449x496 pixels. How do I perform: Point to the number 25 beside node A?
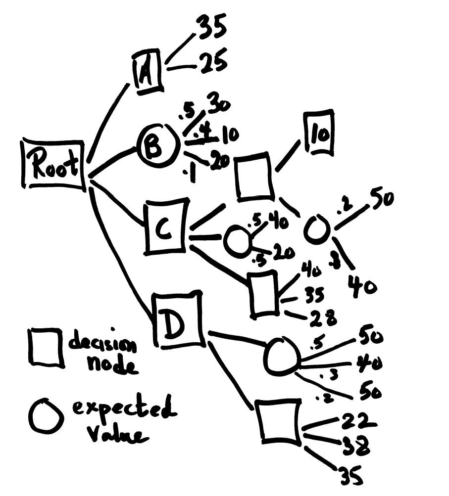[213, 63]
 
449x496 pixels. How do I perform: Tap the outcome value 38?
[356, 447]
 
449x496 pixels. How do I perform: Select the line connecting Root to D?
[119, 252]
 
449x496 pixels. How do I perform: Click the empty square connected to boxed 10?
[254, 178]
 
